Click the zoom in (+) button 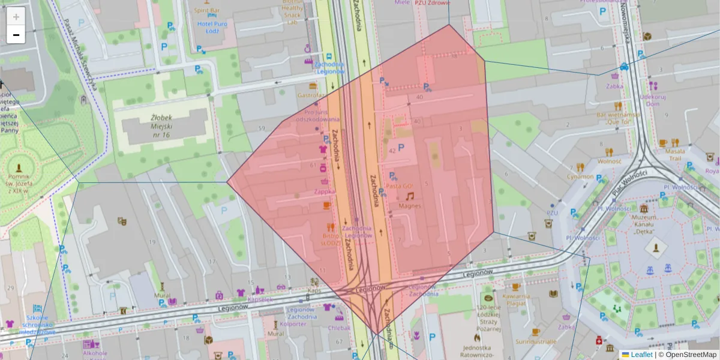click(x=16, y=17)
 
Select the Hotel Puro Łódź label click(x=212, y=28)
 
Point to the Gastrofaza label click(x=311, y=95)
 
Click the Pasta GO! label click(x=400, y=185)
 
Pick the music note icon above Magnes click(x=410, y=196)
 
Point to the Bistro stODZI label click(x=331, y=239)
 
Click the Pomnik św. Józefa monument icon click(x=20, y=167)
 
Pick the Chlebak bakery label click(x=339, y=328)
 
